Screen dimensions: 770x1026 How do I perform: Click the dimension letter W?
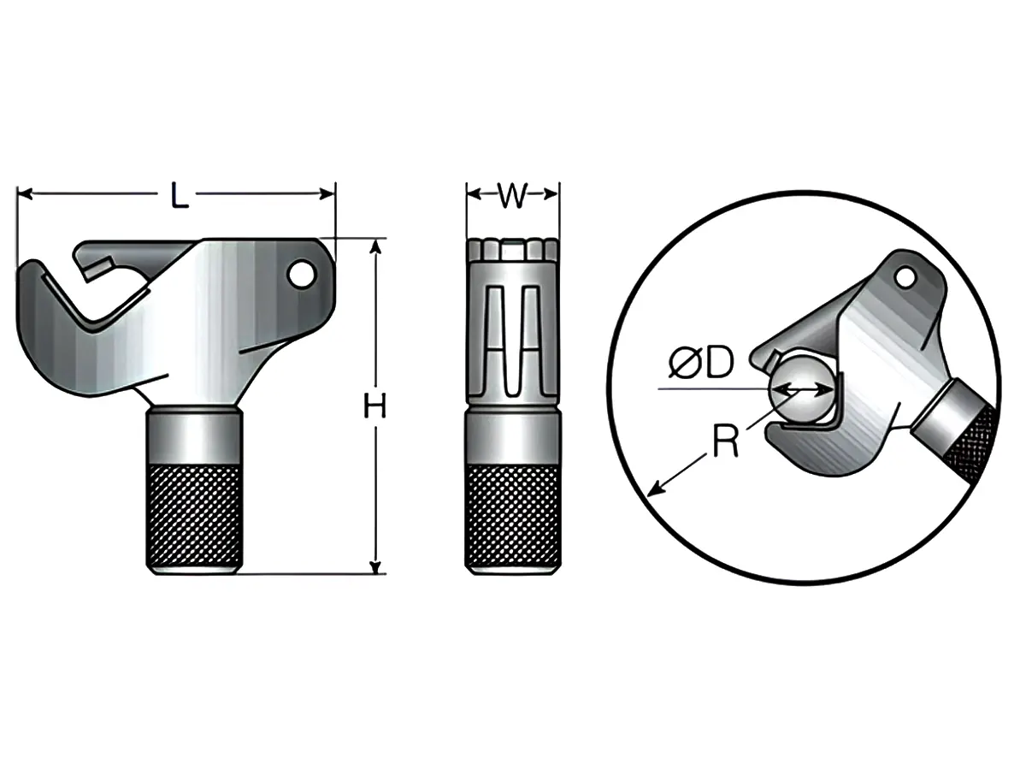click(x=511, y=196)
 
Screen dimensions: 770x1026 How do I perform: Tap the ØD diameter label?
click(x=701, y=364)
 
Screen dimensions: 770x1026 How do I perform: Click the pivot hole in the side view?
click(x=300, y=274)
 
